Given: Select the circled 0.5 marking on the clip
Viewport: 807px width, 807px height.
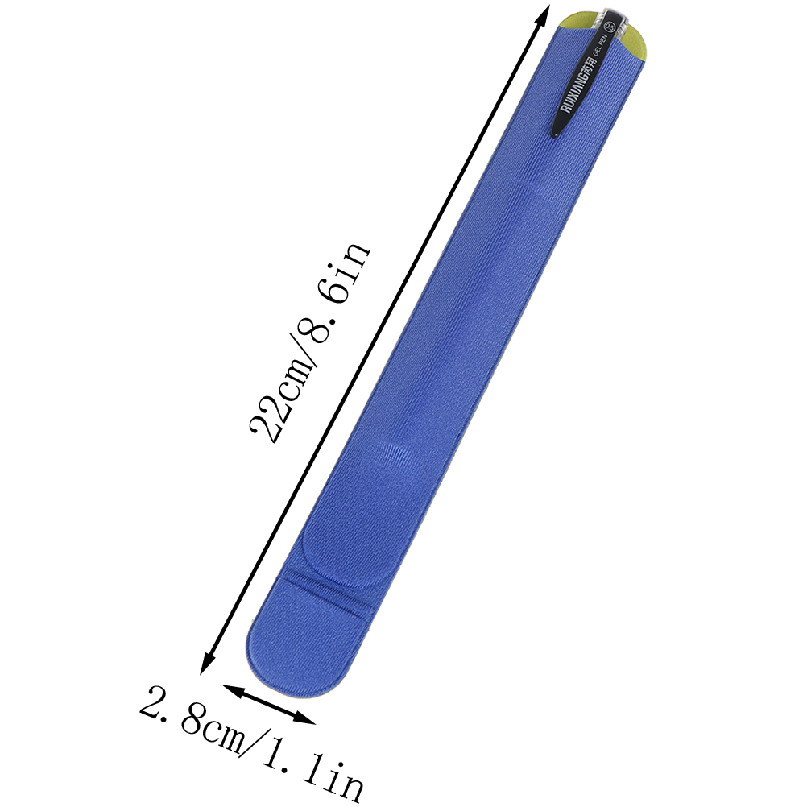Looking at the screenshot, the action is [x=611, y=25].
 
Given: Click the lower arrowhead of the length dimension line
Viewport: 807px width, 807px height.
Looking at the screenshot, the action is [x=206, y=664].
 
